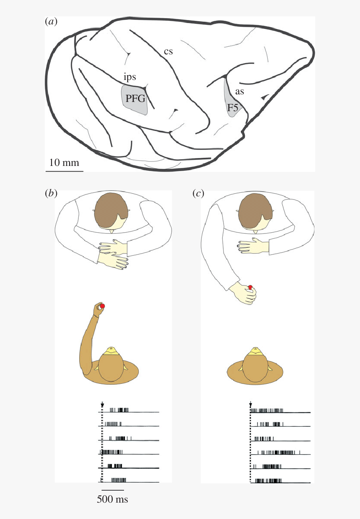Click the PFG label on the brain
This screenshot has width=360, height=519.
point(134,99)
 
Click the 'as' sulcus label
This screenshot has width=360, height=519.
point(240,92)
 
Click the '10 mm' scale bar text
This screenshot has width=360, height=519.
point(64,163)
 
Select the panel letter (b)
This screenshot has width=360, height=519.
point(51,194)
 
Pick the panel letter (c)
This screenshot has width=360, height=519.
point(198,194)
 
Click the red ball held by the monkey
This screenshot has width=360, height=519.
point(102,306)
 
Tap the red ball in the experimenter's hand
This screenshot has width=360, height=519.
point(250,287)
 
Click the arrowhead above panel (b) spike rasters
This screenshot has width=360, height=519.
point(102,405)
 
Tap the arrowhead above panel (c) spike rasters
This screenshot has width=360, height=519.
point(250,405)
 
